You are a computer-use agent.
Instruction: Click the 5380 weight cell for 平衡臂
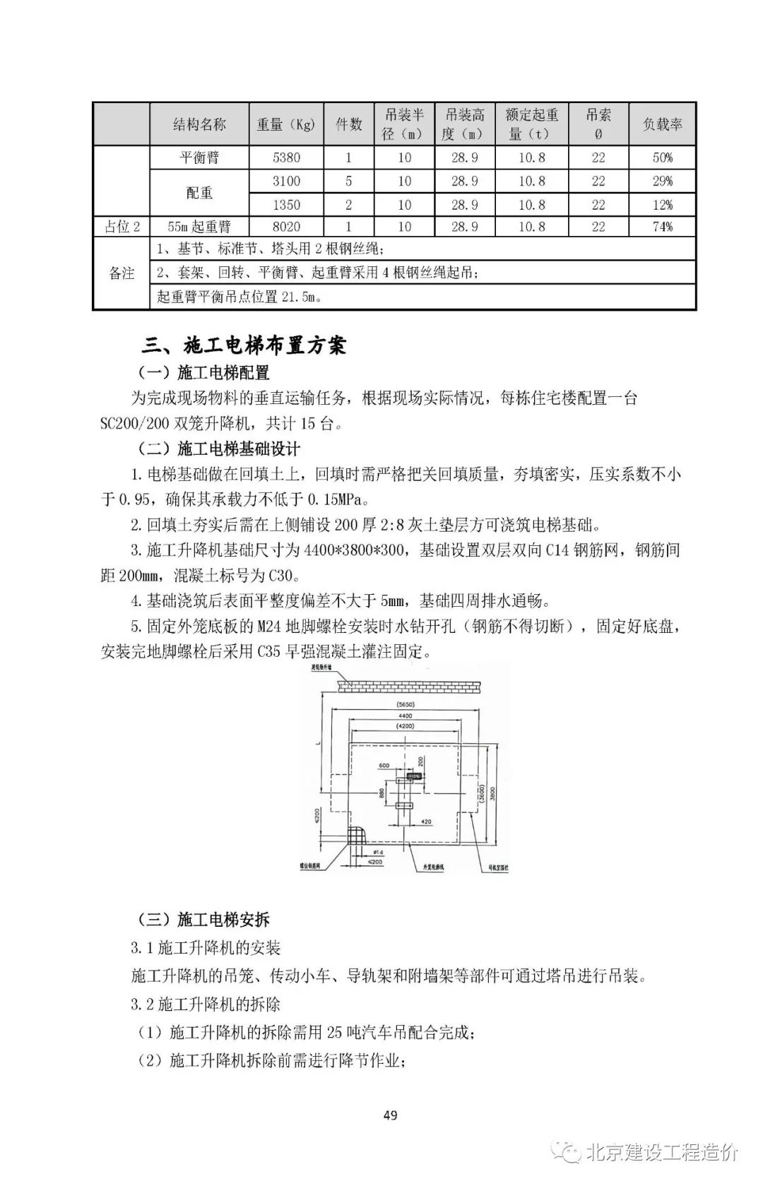[286, 158]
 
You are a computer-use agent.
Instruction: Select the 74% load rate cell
[662, 227]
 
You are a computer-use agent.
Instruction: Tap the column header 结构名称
[199, 124]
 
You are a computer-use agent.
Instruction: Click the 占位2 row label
[122, 227]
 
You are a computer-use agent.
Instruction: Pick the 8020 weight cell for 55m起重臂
[286, 227]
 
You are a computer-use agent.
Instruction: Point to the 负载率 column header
[662, 124]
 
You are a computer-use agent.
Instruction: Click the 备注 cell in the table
[122, 273]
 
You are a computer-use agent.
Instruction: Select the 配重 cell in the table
[199, 193]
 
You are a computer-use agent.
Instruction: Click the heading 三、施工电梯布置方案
[244, 345]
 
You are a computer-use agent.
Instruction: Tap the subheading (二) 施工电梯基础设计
[219, 449]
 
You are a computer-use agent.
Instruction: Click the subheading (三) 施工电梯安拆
[203, 920]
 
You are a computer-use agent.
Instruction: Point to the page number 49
[390, 1115]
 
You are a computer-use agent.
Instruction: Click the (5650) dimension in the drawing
[406, 704]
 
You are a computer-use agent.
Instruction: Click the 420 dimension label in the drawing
[426, 822]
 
